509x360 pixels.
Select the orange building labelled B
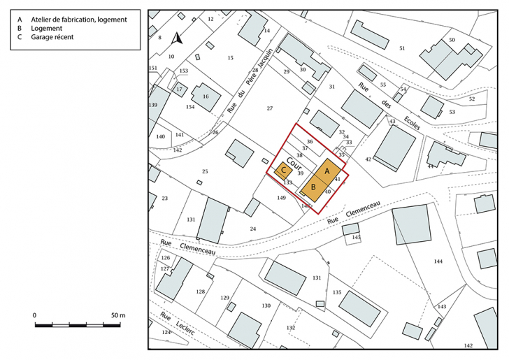coord(314,187)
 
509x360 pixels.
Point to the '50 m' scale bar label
coord(117,316)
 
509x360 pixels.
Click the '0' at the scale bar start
coord(35,316)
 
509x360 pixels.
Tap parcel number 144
coord(438,261)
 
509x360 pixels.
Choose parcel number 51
coord(402,48)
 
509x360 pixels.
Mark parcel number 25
coord(205,171)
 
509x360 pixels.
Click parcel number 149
coord(281,198)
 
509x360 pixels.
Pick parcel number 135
coord(336,292)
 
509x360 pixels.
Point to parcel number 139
coord(153,104)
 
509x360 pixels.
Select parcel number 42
coord(368,159)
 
